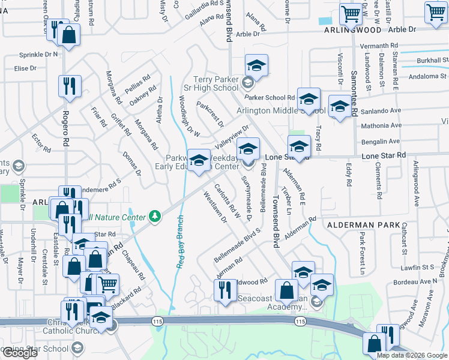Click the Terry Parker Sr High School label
click(215, 83)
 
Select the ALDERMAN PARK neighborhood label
click(359, 224)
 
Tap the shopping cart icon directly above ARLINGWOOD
click(351, 13)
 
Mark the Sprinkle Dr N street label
click(38, 54)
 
